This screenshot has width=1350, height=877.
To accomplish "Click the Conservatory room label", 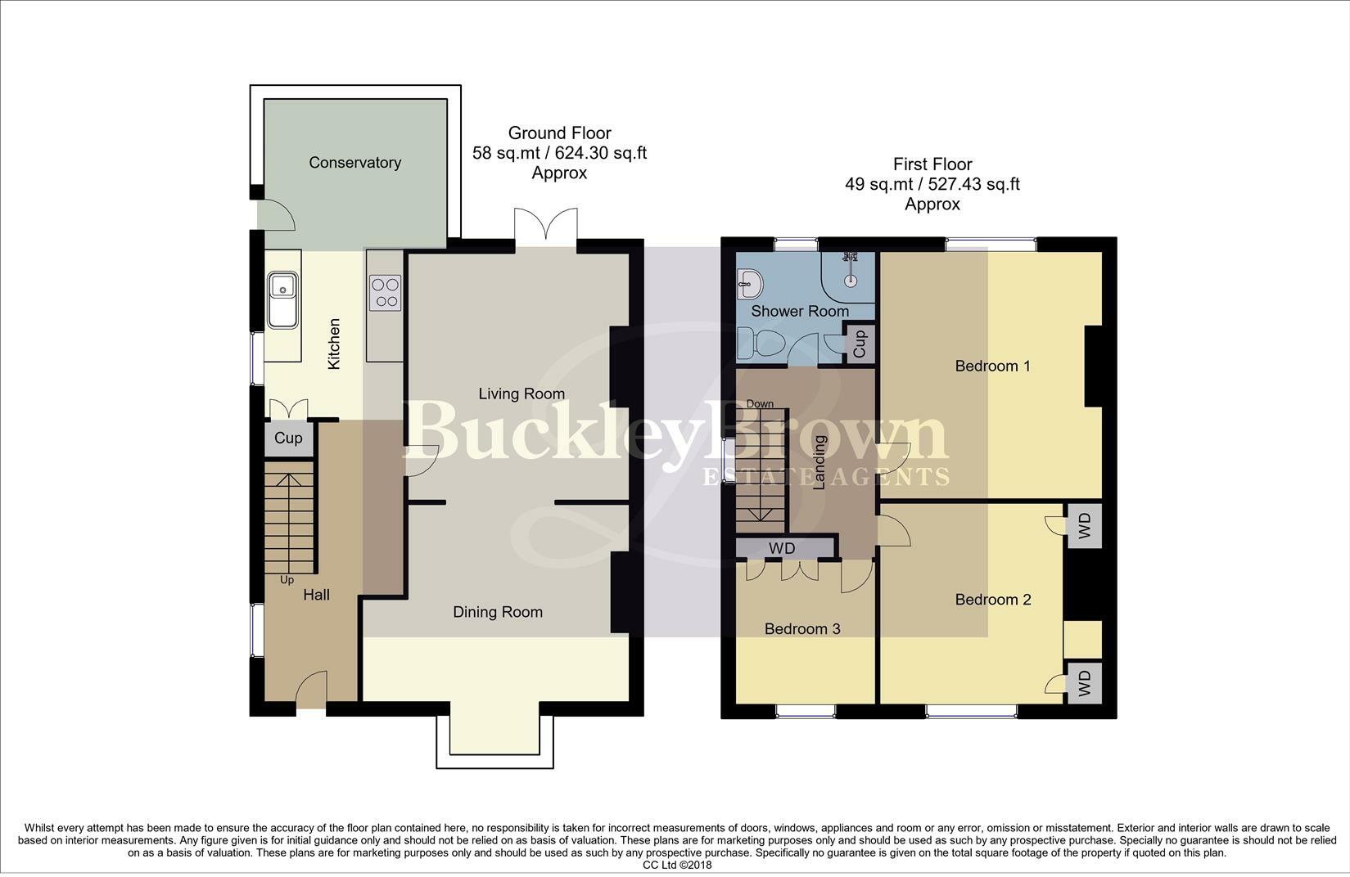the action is (x=354, y=163).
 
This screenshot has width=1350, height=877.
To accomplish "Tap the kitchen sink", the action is (x=282, y=300).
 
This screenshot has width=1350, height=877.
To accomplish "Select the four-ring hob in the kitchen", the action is (x=385, y=293).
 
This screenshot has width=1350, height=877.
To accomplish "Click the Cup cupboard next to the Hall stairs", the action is (x=288, y=438).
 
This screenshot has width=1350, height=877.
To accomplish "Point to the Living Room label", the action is (x=522, y=394).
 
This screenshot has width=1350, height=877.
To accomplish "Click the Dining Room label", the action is (x=498, y=612).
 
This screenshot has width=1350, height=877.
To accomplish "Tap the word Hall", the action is (x=316, y=595).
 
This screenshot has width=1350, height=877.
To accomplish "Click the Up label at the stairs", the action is (x=287, y=580).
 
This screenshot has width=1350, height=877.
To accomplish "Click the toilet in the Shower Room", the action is (x=760, y=344).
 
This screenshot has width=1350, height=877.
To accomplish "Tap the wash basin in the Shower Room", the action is (x=750, y=283).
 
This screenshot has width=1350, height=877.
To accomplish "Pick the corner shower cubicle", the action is (x=848, y=277).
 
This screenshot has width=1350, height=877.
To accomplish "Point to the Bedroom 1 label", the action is (x=992, y=367).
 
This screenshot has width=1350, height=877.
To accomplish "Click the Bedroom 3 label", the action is (x=802, y=629).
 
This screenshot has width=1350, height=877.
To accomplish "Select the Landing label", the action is (x=819, y=462).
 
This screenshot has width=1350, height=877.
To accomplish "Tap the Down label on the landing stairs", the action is (x=760, y=403).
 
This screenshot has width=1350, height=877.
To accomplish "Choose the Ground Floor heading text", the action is (x=559, y=133).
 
